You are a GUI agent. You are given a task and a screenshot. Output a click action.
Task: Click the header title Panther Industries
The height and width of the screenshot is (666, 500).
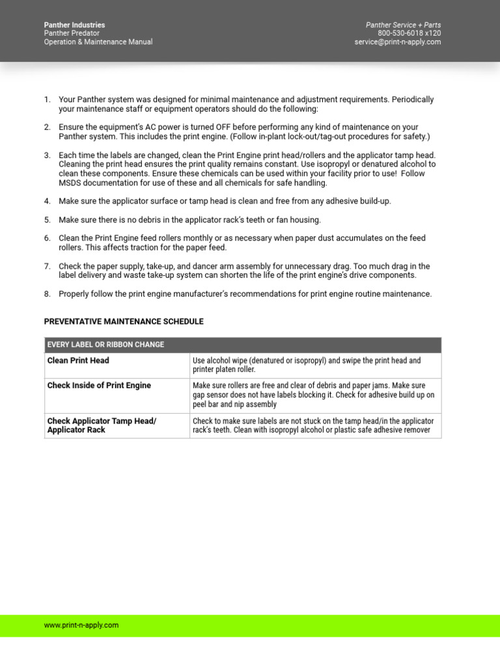74,25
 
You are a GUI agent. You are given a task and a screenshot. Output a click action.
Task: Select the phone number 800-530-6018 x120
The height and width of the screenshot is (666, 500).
409,33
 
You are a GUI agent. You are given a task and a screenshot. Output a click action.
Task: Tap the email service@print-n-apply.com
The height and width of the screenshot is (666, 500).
397,42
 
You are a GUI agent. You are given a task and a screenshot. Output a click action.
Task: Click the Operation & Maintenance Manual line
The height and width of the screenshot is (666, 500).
98,42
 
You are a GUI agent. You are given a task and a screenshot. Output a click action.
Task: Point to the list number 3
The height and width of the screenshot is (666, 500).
47,155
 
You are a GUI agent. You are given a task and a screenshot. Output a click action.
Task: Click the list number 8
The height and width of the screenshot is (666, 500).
47,294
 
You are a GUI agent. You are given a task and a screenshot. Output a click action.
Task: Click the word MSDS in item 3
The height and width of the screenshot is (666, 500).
69,183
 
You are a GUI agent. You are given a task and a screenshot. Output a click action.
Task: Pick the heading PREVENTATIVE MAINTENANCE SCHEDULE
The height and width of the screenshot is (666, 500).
124,321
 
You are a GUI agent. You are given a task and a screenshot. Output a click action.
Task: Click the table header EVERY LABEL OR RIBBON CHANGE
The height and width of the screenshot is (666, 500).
105,345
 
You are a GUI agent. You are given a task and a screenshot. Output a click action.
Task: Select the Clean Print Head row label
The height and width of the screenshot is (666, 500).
78,360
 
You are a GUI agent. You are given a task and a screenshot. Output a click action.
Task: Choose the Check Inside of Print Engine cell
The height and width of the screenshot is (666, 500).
99,386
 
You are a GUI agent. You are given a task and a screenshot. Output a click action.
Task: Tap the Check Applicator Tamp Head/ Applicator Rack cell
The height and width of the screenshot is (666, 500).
102,425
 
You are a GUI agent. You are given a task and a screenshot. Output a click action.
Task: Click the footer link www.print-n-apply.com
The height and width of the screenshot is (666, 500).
81,625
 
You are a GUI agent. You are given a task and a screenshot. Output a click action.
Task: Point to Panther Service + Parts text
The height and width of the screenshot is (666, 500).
403,25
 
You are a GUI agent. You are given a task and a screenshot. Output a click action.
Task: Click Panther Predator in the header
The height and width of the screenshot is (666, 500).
72,33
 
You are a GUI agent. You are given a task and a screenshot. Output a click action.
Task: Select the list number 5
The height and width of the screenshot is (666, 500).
47,220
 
